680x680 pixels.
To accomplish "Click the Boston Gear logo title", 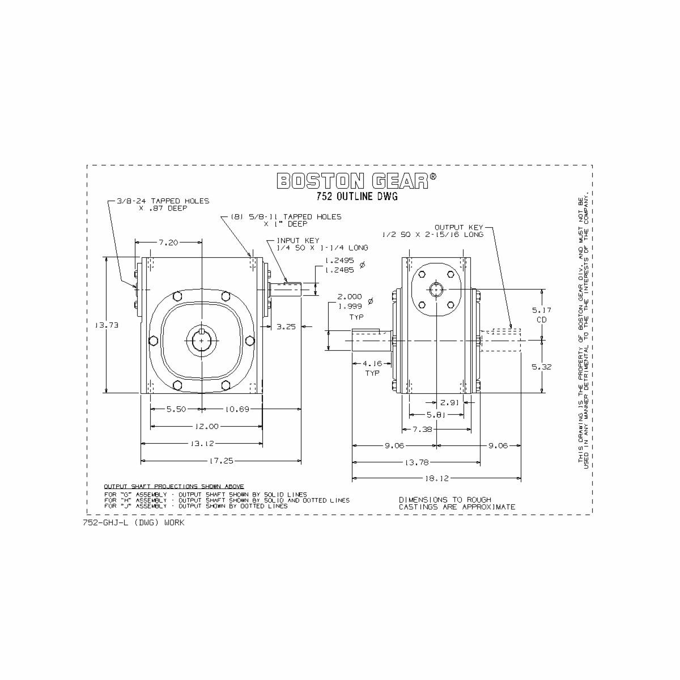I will [x=356, y=181].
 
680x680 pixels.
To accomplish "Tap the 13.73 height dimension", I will [x=106, y=325].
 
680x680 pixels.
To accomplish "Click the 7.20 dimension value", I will [x=168, y=243].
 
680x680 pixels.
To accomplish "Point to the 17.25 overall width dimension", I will [x=221, y=461].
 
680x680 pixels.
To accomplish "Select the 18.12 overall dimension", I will [x=436, y=478].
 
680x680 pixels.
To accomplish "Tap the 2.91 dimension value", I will [x=450, y=402].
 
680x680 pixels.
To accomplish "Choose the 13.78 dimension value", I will [x=416, y=462].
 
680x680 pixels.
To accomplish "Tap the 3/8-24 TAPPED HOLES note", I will [x=163, y=205].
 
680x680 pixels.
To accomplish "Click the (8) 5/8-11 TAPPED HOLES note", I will [x=286, y=220].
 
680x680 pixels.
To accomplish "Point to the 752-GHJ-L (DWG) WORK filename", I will [x=134, y=522].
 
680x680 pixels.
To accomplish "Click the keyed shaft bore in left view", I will [x=202, y=340].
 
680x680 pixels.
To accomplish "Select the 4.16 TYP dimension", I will [x=372, y=368].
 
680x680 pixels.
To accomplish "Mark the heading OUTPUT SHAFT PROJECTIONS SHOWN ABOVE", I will [x=174, y=486].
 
